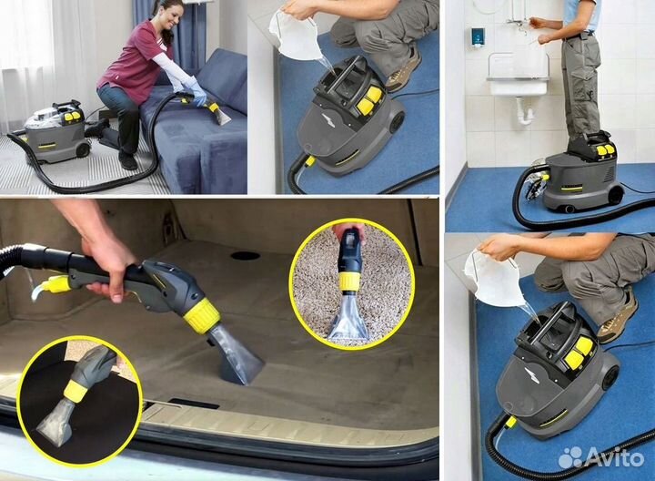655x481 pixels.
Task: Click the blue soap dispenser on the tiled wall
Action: [x=478, y=36]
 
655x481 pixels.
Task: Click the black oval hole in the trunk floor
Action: [x=245, y=256]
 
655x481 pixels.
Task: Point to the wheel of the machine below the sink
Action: [x=615, y=194]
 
